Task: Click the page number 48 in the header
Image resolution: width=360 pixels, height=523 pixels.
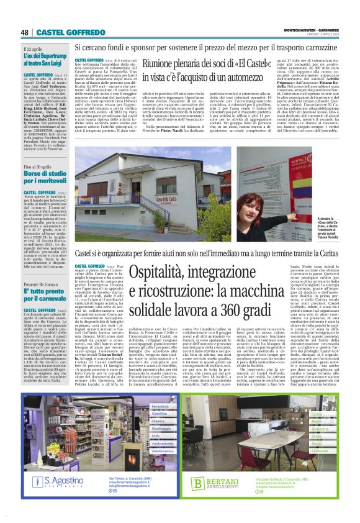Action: click(x=25, y=32)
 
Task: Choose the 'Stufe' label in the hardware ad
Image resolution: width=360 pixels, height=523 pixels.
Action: click(x=138, y=419)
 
